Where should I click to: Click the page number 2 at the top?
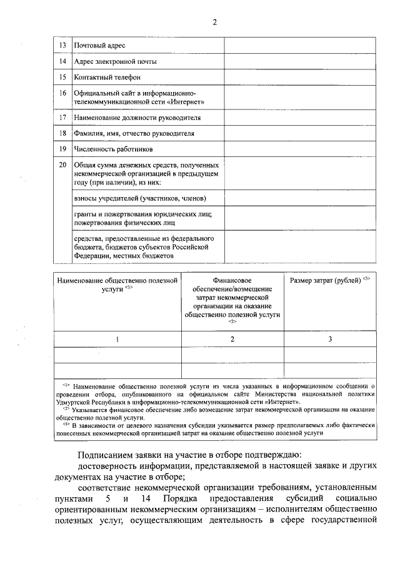pyautogui.click(x=214, y=23)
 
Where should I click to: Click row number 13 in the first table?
pyautogui.click(x=62, y=46)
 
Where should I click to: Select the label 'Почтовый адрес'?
pyautogui.click(x=100, y=46)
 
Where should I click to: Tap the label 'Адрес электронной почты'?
pyautogui.click(x=116, y=61)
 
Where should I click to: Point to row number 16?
pyautogui.click(x=62, y=93)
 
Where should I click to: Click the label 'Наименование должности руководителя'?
pyautogui.click(x=137, y=117)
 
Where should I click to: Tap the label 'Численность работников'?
pyautogui.click(x=113, y=149)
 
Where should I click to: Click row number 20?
pyautogui.click(x=62, y=164)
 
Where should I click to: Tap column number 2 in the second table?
pyautogui.click(x=232, y=338)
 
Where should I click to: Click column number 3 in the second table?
pyautogui.click(x=330, y=338)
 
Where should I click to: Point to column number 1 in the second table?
pyautogui.click(x=117, y=338)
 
